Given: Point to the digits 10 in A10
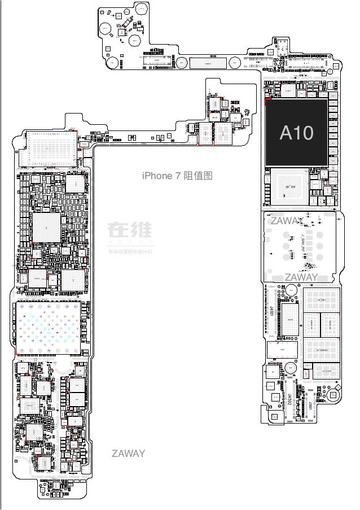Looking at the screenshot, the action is pos(304,133).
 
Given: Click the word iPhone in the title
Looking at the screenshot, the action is pos(159,176).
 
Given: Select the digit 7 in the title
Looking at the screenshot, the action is pos(178,176).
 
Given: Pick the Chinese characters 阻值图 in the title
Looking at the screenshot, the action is pos(197,176).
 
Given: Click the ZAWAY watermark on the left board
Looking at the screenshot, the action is pos(128,454).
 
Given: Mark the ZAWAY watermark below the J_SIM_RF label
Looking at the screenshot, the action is pos(301,277).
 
